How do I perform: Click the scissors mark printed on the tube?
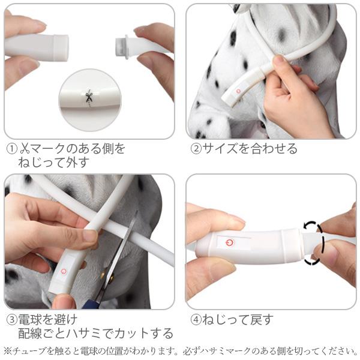(89, 97)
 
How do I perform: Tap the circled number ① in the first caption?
(12, 149)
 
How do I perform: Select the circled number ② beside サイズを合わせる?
(196, 149)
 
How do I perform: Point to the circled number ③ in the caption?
(12, 320)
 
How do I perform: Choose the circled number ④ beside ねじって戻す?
(196, 320)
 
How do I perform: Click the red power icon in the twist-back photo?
(229, 242)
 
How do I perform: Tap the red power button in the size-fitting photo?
(238, 91)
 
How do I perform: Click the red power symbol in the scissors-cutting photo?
(64, 272)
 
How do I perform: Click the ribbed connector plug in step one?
(121, 46)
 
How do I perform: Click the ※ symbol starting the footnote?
(8, 351)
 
